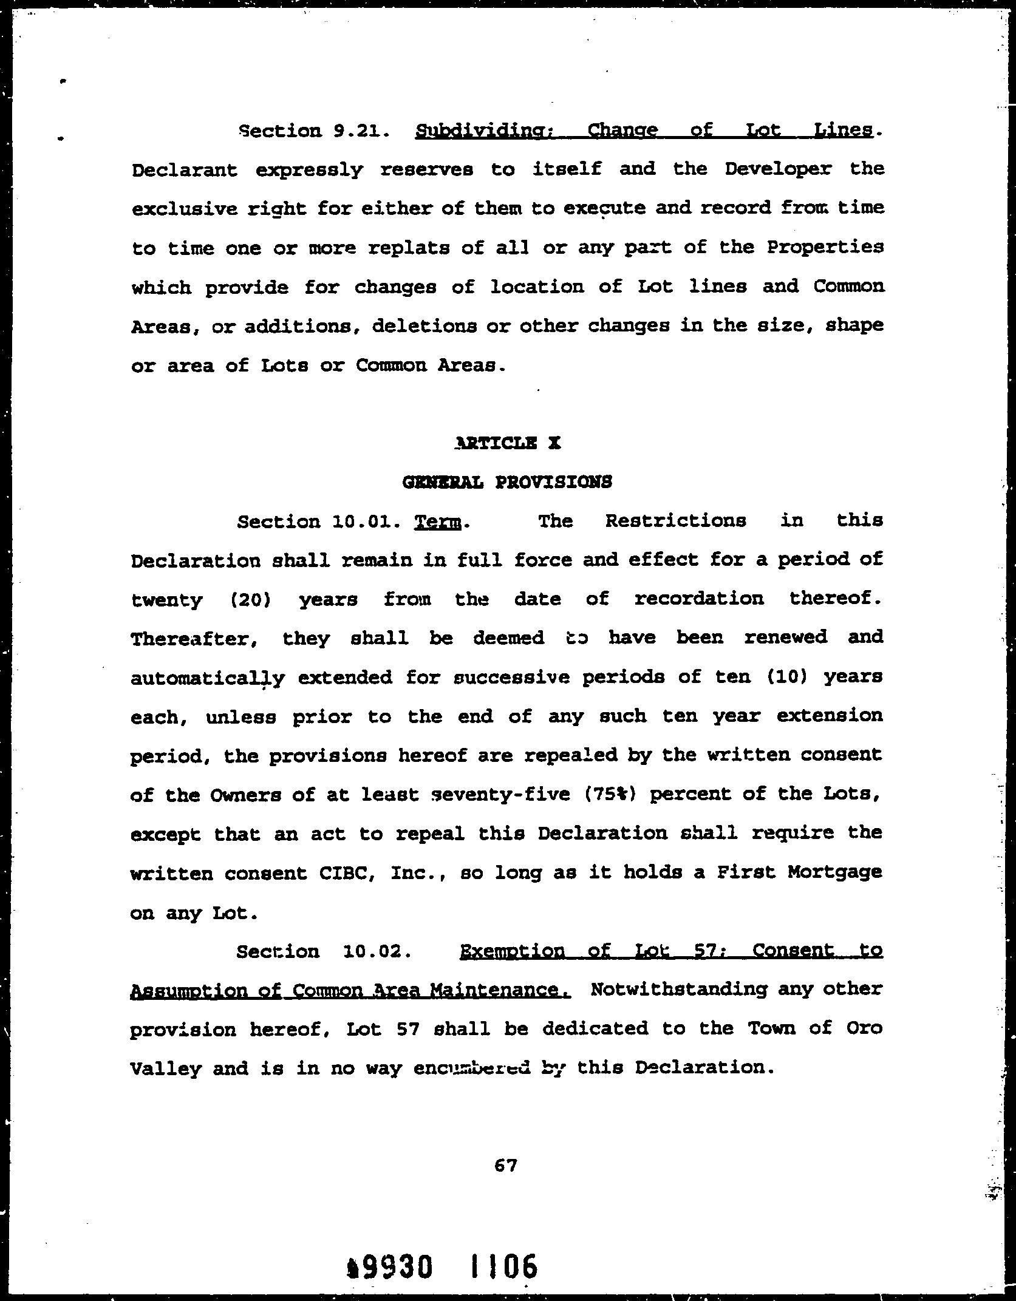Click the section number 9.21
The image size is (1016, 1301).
361,131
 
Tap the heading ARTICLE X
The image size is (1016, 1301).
507,443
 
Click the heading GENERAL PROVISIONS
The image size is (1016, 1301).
507,482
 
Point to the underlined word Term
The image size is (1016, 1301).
438,522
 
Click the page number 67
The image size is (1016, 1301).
506,1165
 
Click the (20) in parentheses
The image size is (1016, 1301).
250,600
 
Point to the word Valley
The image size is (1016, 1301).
165,1068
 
